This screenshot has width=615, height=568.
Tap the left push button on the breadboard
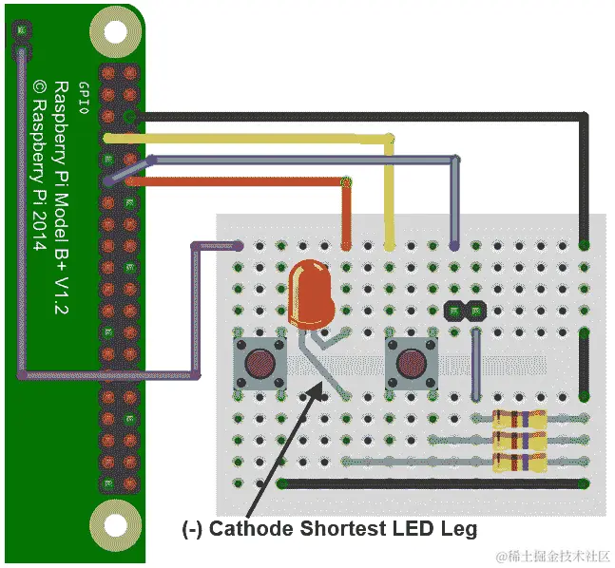tap(260, 365)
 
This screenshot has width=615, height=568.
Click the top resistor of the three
tap(519, 418)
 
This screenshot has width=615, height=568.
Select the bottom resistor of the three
tap(519, 463)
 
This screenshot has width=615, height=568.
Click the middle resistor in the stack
tap(519, 440)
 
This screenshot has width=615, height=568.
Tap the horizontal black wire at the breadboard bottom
tap(428, 484)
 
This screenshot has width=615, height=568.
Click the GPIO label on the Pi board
tap(83, 97)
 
